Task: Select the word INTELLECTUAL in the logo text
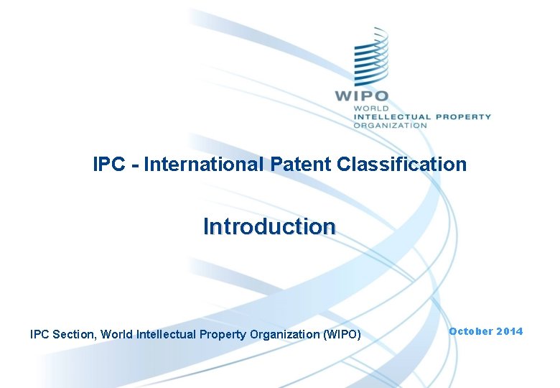click(x=391, y=116)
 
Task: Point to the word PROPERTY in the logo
click(x=463, y=116)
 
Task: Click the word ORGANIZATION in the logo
click(x=390, y=125)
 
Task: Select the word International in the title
click(x=204, y=165)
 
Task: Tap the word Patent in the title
click(x=302, y=165)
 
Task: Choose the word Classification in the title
click(x=402, y=165)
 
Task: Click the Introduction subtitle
click(x=269, y=226)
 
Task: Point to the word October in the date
click(x=471, y=331)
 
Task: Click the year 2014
click(x=510, y=331)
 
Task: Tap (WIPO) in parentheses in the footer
click(x=342, y=334)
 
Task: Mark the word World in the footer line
click(x=116, y=334)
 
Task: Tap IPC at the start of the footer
click(x=39, y=334)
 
